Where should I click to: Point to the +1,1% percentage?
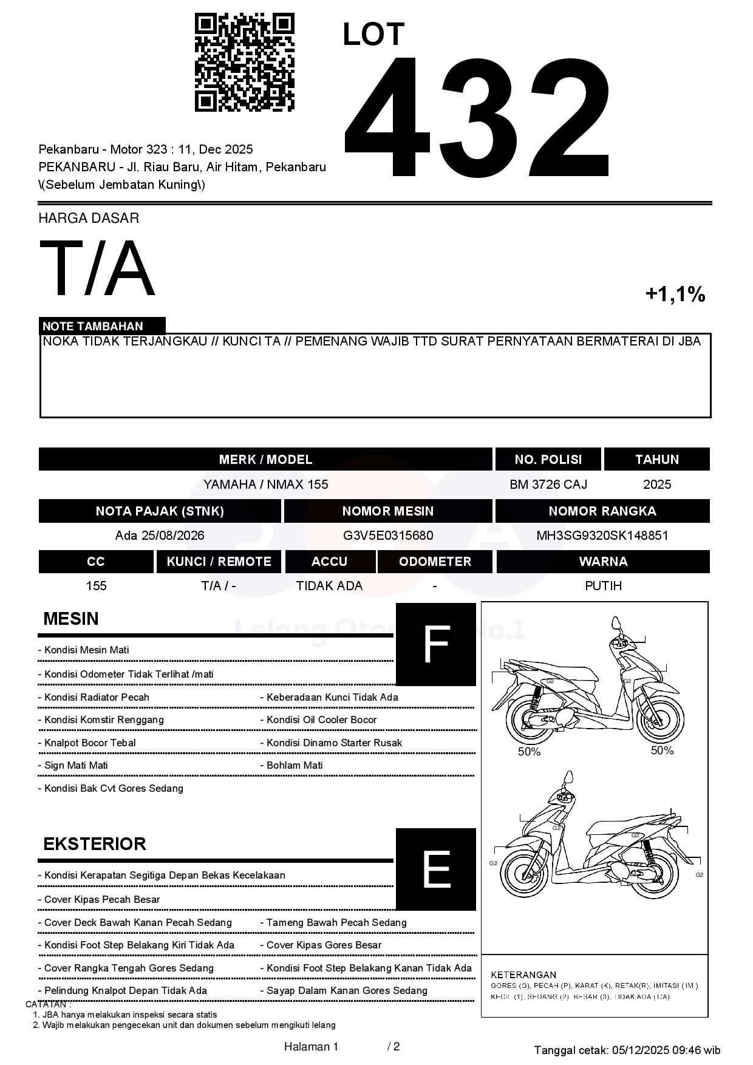pyautogui.click(x=675, y=294)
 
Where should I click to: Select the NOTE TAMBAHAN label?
pyautogui.click(x=93, y=326)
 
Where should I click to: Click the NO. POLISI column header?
pyautogui.click(x=548, y=460)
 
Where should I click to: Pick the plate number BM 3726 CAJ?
pyautogui.click(x=548, y=485)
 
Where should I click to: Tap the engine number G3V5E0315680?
pyautogui.click(x=387, y=536)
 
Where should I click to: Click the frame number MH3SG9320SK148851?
pyautogui.click(x=602, y=536)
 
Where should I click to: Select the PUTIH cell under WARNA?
pyautogui.click(x=603, y=586)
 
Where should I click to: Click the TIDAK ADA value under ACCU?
pyautogui.click(x=329, y=586)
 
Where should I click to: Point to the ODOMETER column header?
pyautogui.click(x=435, y=562)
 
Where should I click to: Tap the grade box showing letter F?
pyautogui.click(x=435, y=644)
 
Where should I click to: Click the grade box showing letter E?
pyautogui.click(x=435, y=869)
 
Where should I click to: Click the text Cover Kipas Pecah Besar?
pyautogui.click(x=102, y=899)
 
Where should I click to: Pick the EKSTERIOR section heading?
pyautogui.click(x=95, y=844)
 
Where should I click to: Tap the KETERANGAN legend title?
pyautogui.click(x=523, y=975)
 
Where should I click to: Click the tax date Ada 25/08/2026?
pyautogui.click(x=160, y=536)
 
